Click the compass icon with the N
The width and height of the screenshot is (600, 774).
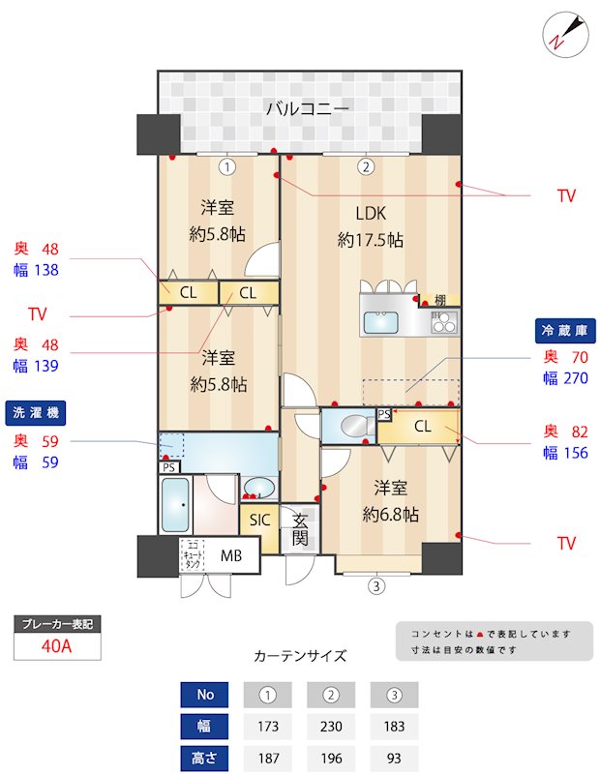(564, 34)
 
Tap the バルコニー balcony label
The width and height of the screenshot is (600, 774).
(308, 108)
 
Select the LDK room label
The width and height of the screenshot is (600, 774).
(371, 214)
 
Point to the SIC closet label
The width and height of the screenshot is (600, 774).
(259, 520)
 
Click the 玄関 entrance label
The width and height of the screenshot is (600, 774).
(300, 529)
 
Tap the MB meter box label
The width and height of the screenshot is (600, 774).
(231, 555)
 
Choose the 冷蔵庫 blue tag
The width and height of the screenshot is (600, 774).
(565, 330)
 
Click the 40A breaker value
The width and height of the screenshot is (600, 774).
(58, 647)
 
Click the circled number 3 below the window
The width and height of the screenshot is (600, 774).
(376, 584)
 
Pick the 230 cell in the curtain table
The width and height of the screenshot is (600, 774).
(331, 727)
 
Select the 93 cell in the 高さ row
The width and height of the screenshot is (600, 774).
(394, 759)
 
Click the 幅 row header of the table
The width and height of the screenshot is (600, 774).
(205, 727)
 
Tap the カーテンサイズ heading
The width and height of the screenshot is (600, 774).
(300, 655)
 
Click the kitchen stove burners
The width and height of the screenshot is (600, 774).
(444, 323)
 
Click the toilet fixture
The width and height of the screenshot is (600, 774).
(351, 425)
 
